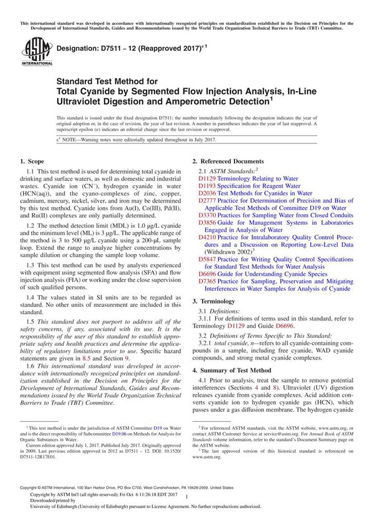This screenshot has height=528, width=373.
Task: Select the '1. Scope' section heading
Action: point(36,162)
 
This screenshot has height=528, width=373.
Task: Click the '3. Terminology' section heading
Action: point(223,300)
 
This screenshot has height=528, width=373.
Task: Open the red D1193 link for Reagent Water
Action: point(208,186)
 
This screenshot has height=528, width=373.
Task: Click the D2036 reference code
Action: point(208,193)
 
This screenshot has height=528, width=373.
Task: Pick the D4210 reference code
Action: point(208,237)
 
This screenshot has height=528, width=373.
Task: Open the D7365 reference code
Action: point(208,281)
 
